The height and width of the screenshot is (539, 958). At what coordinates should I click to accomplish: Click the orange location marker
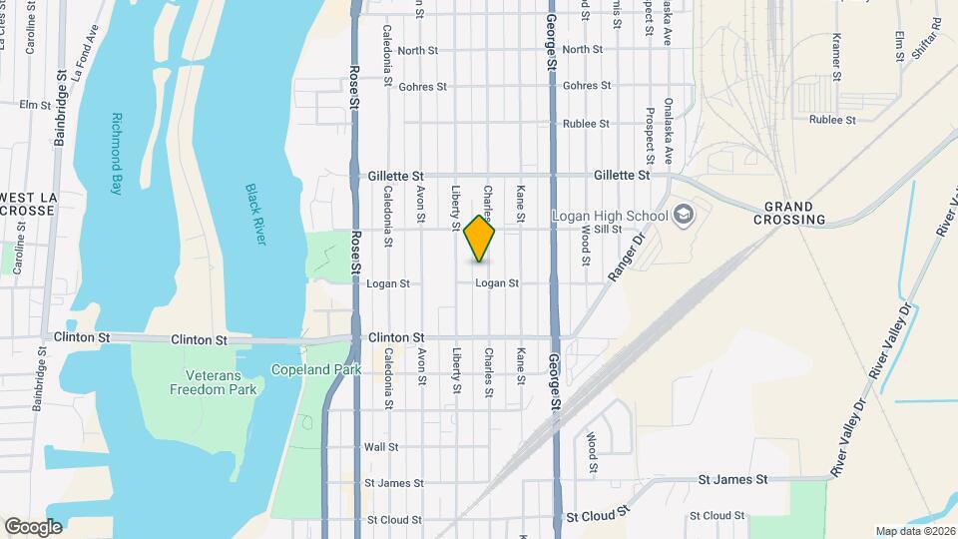click(x=480, y=239)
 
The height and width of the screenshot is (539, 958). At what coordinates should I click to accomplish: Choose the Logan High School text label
click(x=610, y=216)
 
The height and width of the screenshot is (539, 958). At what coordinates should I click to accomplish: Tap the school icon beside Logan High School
click(x=684, y=214)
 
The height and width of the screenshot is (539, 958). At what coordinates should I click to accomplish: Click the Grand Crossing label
click(x=795, y=213)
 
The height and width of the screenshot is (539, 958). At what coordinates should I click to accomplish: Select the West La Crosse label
click(x=33, y=203)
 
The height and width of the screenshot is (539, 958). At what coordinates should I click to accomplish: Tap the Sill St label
click(x=608, y=230)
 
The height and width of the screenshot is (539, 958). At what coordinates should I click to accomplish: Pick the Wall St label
click(x=381, y=447)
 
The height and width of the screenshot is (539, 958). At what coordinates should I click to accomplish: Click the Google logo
click(x=32, y=526)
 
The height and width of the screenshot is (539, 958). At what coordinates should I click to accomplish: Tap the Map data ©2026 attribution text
click(x=915, y=531)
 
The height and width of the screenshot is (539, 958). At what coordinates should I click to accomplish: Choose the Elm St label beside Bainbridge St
click(x=34, y=104)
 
